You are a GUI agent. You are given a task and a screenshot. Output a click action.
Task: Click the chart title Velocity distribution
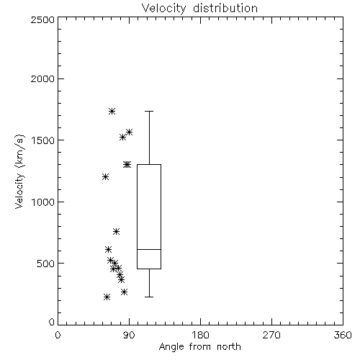pyautogui.click(x=199, y=8)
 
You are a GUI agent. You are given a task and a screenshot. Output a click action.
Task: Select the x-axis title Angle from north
pyautogui.click(x=199, y=346)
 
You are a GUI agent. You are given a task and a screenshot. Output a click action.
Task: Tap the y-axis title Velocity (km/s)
pyautogui.click(x=19, y=171)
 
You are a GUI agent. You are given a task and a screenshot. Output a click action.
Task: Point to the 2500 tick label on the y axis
pyautogui.click(x=42, y=19)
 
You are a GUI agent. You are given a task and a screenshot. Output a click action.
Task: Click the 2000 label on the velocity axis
pyautogui.click(x=42, y=78)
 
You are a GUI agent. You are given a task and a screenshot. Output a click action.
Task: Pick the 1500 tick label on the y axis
pyautogui.click(x=43, y=140)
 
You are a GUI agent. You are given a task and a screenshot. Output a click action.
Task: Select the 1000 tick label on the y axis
pyautogui.click(x=43, y=202)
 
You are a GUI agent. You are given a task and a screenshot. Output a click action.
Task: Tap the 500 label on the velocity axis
pyautogui.click(x=46, y=264)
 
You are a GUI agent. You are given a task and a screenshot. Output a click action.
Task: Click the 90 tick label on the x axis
pyautogui.click(x=129, y=335)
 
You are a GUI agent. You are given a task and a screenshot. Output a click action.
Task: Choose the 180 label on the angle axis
pyautogui.click(x=200, y=335)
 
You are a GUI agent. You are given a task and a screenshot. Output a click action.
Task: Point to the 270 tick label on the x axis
pyautogui.click(x=271, y=335)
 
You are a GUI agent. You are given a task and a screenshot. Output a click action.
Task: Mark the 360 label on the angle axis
pyautogui.click(x=343, y=335)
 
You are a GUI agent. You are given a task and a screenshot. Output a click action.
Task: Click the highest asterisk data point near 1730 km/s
pyautogui.click(x=112, y=111)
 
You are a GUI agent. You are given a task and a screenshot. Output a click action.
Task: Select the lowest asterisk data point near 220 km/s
pyautogui.click(x=107, y=297)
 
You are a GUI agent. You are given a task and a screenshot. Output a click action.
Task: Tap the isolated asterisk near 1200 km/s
pyautogui.click(x=105, y=177)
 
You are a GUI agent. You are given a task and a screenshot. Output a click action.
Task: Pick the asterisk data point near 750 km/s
pyautogui.click(x=116, y=232)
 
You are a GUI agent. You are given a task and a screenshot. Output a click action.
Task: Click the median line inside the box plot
pyautogui.click(x=149, y=249)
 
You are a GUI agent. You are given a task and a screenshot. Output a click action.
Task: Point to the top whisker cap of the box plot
pyautogui.click(x=149, y=111)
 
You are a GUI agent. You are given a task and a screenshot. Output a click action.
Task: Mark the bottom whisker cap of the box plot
pyautogui.click(x=149, y=297)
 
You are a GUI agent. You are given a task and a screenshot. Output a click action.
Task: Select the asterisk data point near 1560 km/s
pyautogui.click(x=130, y=132)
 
